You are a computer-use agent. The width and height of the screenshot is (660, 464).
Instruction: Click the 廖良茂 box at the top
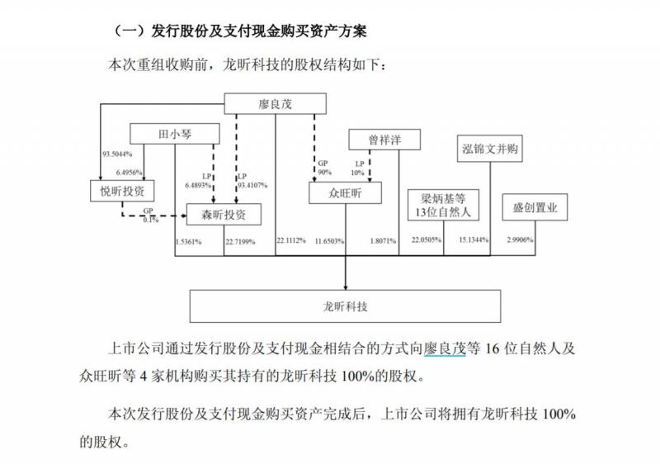pos(275,103)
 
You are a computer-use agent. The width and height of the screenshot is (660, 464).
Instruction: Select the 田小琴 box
pos(175,134)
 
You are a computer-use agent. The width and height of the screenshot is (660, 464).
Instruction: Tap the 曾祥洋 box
pos(384,140)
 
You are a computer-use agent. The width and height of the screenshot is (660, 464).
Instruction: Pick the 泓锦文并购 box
pos(489,149)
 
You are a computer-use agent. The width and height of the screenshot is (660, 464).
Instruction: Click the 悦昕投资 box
pos(122,191)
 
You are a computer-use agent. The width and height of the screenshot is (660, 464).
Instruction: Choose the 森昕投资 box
pos(224,215)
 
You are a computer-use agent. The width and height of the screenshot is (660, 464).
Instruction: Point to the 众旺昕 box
pos(345,193)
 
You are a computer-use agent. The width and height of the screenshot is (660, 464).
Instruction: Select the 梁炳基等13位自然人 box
pos(443,205)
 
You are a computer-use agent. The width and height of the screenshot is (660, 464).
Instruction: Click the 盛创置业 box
pos(535,206)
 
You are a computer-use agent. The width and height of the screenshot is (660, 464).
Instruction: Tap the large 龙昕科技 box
pos(345,306)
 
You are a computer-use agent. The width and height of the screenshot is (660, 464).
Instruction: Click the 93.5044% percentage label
pos(117,154)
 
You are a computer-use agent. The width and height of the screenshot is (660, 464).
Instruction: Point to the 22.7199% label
pos(240,242)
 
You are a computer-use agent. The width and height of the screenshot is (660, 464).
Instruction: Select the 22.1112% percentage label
pos(291,240)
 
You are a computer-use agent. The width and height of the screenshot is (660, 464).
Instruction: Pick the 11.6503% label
pos(329,241)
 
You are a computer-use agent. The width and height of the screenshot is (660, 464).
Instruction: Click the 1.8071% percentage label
pos(383,241)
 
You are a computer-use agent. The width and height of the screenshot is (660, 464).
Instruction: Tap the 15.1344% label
pos(474,240)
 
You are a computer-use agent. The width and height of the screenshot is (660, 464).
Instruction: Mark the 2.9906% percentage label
pos(520,240)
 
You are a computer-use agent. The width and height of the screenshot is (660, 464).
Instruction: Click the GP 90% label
pos(324,168)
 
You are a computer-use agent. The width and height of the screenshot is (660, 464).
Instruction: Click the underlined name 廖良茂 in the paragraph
pos(445,348)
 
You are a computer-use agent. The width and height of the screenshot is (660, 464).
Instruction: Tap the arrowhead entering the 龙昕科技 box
pos(346,287)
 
